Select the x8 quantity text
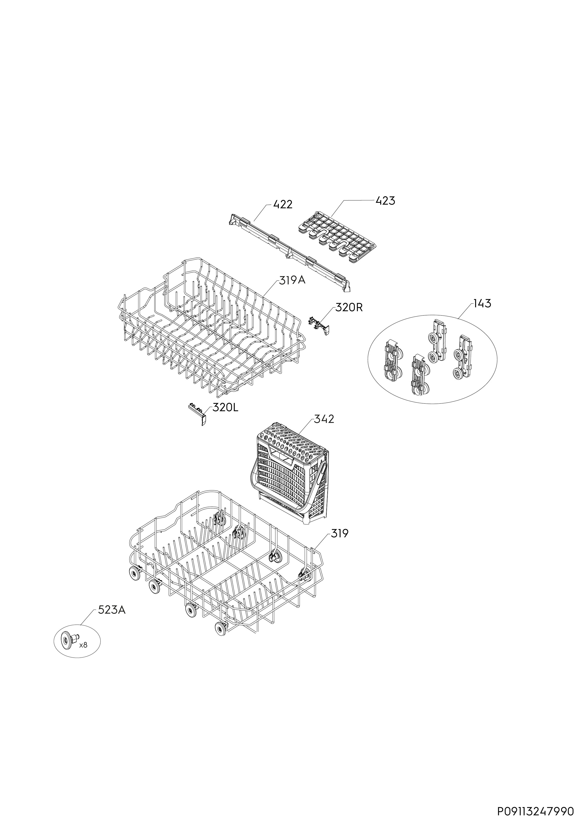tap(83, 645)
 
